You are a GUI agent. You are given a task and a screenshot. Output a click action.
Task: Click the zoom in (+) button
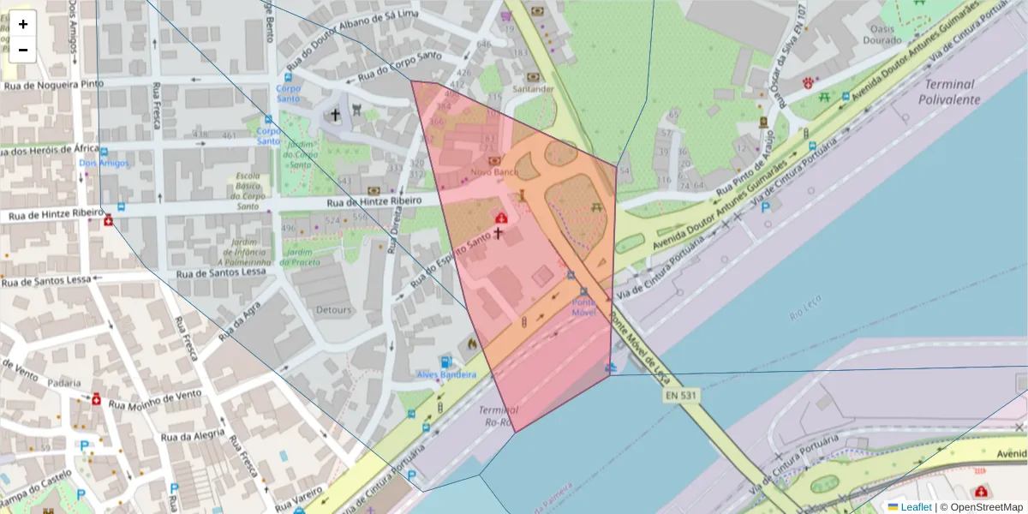tap(23, 24)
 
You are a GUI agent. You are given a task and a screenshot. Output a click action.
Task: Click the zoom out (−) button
tap(23, 50)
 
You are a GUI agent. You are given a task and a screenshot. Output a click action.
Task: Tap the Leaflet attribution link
tap(916, 507)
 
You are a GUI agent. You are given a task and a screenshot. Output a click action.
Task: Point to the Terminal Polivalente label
tap(949, 92)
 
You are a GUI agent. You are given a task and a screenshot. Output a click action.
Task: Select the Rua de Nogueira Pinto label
tap(53, 85)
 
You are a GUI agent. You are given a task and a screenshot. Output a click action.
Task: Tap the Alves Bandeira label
tap(446, 374)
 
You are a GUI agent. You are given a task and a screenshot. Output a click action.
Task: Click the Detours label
tap(334, 309)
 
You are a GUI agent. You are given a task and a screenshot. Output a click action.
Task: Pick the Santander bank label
tap(533, 89)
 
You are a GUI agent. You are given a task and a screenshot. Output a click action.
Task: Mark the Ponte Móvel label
tap(584, 308)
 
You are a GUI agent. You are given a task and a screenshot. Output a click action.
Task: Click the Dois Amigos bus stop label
tap(104, 163)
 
